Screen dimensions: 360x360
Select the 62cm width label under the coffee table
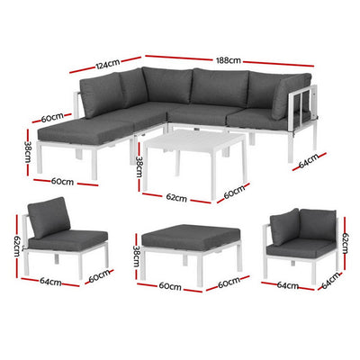(175, 198)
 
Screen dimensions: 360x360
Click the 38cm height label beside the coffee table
(139, 166)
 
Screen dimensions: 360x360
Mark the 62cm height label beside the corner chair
(346, 241)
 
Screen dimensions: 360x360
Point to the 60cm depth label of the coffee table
(235, 192)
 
